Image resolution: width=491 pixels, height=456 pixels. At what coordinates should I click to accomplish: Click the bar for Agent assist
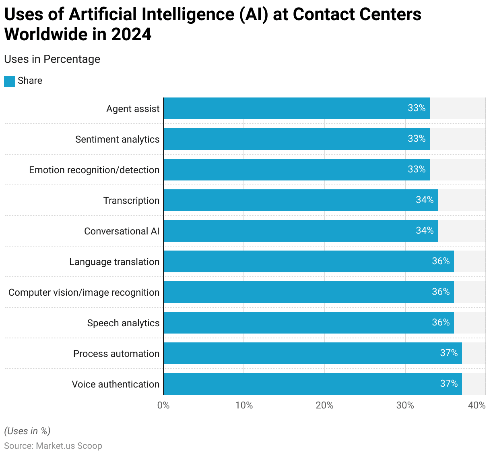click(x=297, y=108)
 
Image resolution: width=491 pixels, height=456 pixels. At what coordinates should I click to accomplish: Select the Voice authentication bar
click(x=313, y=384)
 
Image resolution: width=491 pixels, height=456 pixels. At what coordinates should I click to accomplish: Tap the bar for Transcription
click(x=301, y=200)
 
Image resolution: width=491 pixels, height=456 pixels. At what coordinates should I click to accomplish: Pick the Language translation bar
click(x=309, y=261)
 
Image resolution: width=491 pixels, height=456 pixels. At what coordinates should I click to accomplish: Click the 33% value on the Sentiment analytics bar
click(x=417, y=139)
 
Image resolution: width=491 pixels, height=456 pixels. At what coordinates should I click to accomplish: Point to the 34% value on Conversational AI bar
click(x=425, y=230)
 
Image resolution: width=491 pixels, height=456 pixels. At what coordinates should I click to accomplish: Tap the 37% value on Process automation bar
click(x=449, y=353)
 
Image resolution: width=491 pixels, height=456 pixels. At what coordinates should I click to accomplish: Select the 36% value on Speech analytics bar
click(x=441, y=322)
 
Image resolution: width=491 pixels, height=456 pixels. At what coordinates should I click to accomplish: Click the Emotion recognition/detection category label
click(x=94, y=170)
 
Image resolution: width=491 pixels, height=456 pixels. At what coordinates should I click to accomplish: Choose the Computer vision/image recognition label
click(x=84, y=292)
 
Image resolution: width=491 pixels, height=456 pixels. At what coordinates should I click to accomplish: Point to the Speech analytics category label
click(x=123, y=323)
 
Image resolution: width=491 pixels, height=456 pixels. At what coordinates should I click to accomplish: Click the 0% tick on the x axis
click(x=163, y=405)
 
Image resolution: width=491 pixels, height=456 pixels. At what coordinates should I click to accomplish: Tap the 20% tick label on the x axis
click(x=324, y=405)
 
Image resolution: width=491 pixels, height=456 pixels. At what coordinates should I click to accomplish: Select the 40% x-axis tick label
click(x=477, y=405)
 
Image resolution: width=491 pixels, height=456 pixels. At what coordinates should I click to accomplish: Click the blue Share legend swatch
click(x=10, y=81)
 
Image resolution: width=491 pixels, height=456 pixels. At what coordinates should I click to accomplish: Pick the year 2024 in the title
click(x=131, y=34)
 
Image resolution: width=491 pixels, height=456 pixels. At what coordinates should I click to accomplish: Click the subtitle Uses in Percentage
click(x=52, y=59)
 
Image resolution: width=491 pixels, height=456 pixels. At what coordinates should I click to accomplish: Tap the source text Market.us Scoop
click(x=69, y=446)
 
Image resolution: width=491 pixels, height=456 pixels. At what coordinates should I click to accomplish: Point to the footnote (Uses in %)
click(x=27, y=431)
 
